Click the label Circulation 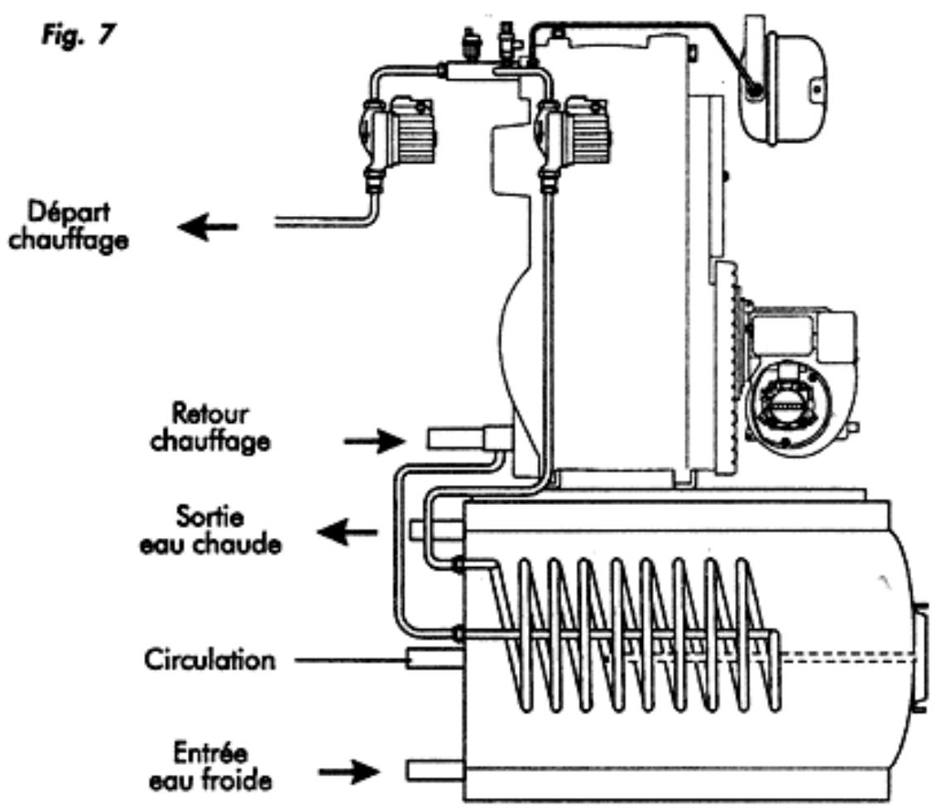(209, 661)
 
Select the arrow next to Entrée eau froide (350, 772)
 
